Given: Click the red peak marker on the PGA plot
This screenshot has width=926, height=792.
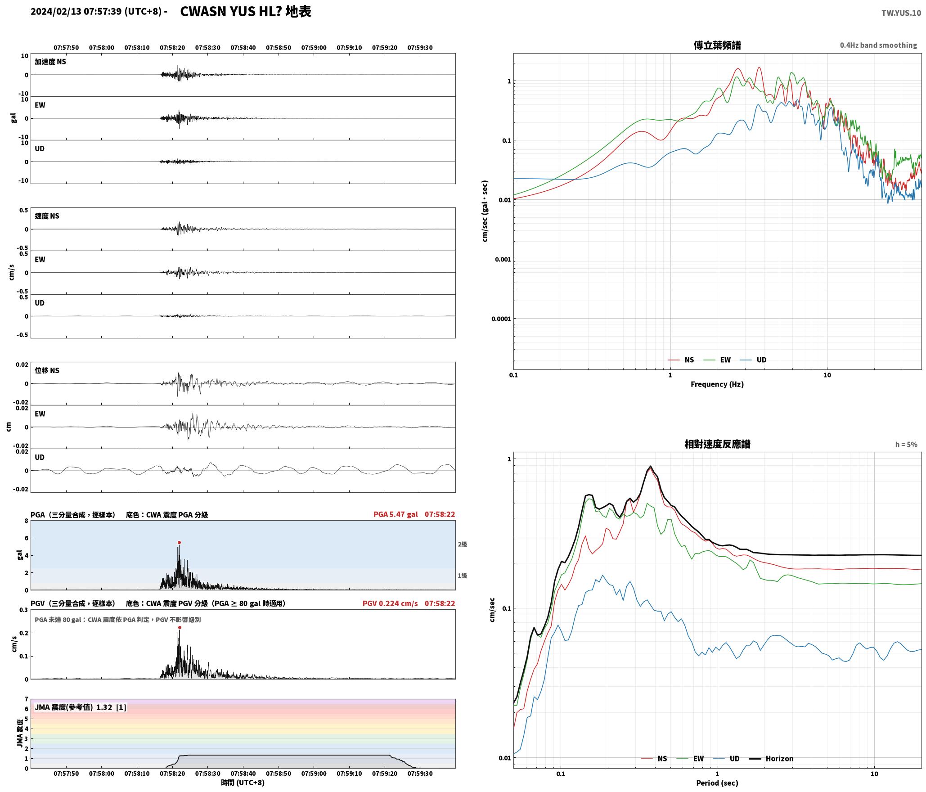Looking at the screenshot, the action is coord(179,543).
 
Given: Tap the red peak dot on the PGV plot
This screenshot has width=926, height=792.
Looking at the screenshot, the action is coord(180,628).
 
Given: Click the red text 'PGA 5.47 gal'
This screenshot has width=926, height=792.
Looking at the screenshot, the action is coord(396,514).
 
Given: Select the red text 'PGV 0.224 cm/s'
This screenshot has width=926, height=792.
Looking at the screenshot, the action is coord(390,603).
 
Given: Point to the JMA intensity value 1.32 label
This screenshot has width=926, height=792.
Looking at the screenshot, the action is coord(104,707).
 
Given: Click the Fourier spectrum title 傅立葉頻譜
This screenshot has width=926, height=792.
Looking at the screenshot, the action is coord(717,45).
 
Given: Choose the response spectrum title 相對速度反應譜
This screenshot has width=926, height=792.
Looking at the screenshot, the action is coord(717,444).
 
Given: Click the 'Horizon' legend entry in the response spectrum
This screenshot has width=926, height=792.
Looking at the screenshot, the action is coord(779,759).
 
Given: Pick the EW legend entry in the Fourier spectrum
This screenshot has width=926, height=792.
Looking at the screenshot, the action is coord(725,360).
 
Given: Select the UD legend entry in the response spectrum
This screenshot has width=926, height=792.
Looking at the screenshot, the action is coord(734,759).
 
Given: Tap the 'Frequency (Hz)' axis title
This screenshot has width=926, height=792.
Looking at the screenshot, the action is coord(717,384).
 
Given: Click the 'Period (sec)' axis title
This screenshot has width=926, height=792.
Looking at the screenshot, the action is coord(717,783).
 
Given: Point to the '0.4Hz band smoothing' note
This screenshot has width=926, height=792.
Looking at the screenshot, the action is coord(878,45).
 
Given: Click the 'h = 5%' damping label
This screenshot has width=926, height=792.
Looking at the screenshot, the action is coord(906,445).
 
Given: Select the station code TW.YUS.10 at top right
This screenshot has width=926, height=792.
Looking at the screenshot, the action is coord(901,13).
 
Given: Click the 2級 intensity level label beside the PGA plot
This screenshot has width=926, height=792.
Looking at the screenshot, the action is coord(463,544).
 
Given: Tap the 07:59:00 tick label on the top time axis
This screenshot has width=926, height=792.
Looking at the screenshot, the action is coord(314,48).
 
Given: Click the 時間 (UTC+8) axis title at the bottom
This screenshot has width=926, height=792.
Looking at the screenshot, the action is coord(243,783).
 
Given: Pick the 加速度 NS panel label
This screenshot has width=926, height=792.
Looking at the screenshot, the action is coord(50,62).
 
